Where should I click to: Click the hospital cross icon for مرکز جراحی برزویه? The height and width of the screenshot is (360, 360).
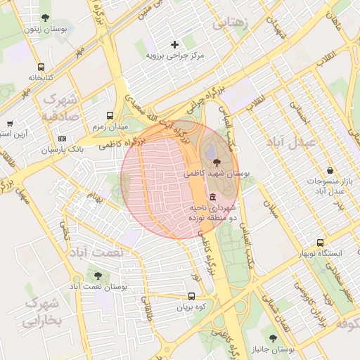click(x=175, y=44)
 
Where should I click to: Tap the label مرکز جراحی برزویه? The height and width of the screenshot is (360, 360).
click(x=174, y=55)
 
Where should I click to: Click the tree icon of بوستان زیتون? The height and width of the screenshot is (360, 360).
click(x=46, y=18)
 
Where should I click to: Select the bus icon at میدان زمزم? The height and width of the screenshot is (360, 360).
click(x=110, y=115)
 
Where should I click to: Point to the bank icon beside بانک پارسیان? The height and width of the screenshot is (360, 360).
click(x=62, y=139)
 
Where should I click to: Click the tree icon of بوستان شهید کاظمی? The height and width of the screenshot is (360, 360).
click(x=214, y=162)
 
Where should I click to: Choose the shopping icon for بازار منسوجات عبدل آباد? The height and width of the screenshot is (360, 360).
click(x=330, y=170)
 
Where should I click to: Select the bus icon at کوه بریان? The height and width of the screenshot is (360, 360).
click(x=192, y=296)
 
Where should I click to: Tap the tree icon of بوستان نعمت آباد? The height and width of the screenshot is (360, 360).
click(x=97, y=276)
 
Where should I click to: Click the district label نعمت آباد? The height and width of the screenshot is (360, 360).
click(x=99, y=252)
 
